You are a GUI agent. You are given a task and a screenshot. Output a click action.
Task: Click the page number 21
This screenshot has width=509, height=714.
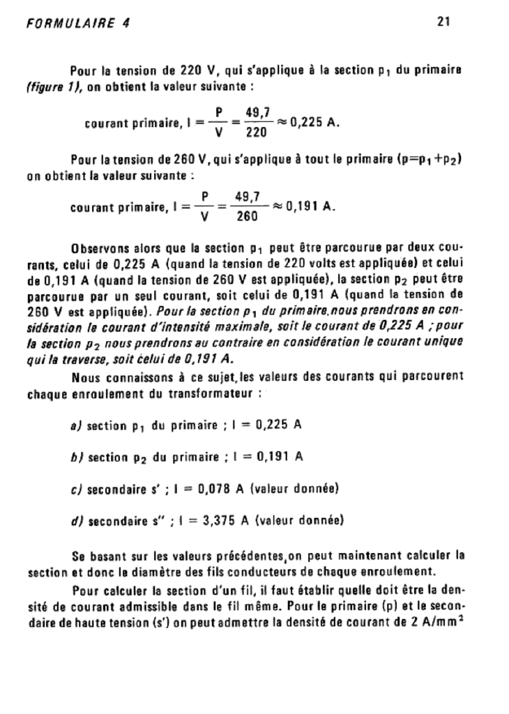click(x=443, y=22)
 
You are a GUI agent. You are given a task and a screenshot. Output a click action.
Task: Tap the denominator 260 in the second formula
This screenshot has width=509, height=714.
click(x=247, y=216)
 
